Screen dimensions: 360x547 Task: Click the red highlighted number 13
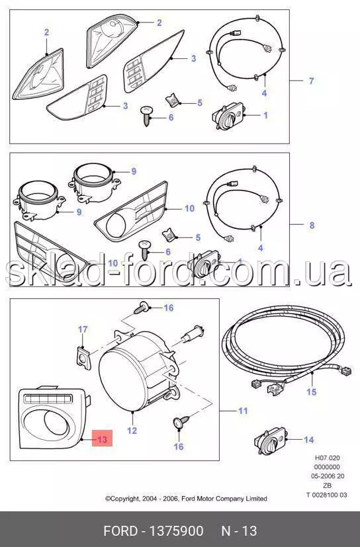coord(103,439)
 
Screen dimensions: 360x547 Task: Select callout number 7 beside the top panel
coord(312,81)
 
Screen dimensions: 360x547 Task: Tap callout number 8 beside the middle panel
coord(312,226)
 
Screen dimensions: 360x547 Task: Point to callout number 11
coord(243,411)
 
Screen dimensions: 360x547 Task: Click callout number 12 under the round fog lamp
coord(132,431)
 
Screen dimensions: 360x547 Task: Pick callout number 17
coord(83,329)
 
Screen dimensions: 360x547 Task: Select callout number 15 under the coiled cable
coord(312,392)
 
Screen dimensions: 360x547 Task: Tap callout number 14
coord(309,440)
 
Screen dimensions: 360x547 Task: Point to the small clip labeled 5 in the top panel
coord(172,101)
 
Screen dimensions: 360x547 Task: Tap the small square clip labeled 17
coord(83,358)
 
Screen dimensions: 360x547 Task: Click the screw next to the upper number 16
coord(142,308)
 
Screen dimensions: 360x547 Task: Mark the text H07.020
coord(327,458)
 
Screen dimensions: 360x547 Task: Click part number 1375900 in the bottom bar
coord(176,531)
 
